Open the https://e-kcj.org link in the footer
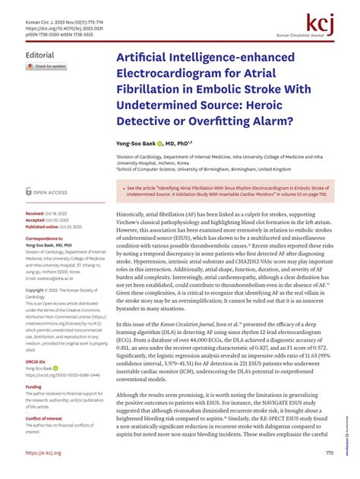tap(47, 452)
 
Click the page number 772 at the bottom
tap(329, 453)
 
